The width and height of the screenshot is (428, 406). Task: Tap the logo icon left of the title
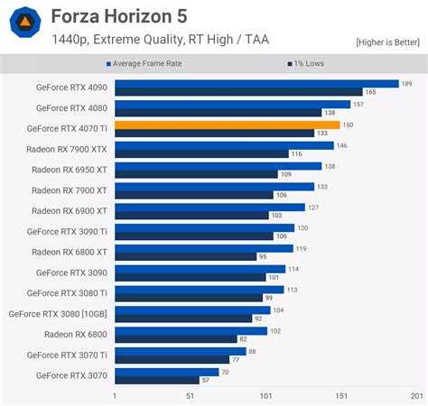(27, 24)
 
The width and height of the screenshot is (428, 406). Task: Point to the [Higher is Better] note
(386, 42)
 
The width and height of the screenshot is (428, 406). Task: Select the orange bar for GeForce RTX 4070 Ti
(227, 125)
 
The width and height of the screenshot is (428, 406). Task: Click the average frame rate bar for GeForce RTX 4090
(256, 83)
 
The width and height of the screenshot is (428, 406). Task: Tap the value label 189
(405, 83)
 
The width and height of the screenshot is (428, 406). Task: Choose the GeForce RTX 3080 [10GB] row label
(58, 314)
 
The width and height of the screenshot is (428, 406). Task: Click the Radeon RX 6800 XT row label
(70, 252)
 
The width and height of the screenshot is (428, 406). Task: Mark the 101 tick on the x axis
(265, 396)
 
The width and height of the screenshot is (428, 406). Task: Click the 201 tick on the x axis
(416, 396)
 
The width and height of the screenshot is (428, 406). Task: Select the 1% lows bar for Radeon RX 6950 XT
(196, 174)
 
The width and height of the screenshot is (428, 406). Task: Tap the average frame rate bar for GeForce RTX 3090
(200, 268)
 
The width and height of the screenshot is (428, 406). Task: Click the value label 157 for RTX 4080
(358, 104)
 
